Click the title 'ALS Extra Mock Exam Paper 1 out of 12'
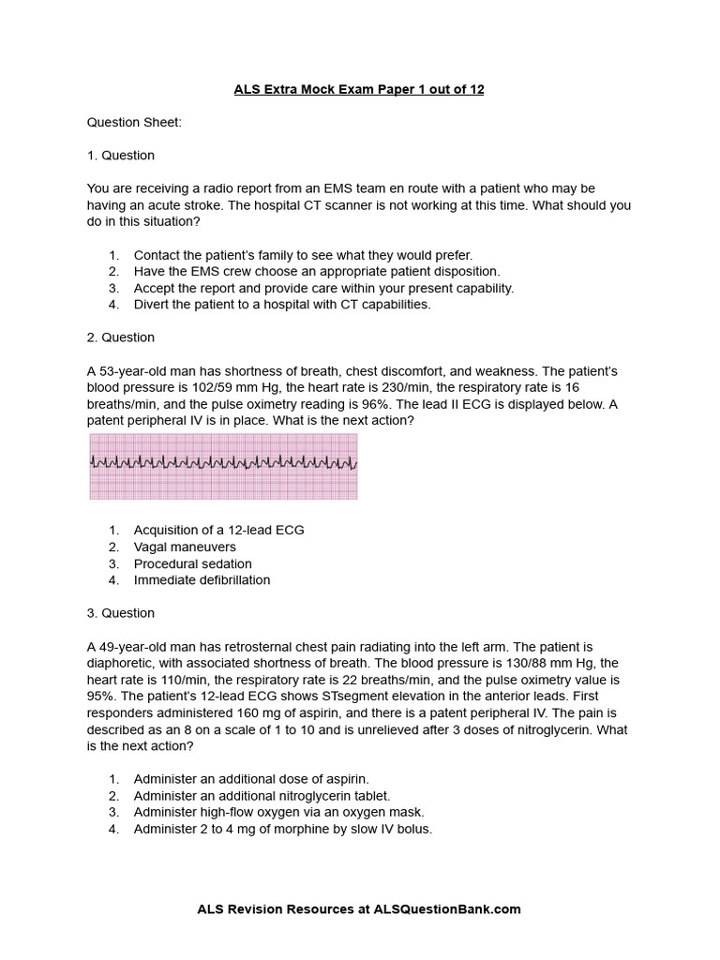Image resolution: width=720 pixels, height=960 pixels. [x=359, y=89]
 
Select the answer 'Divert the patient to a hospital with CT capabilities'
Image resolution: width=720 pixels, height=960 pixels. [x=281, y=305]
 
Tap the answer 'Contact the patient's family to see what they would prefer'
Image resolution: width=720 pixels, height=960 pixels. [x=303, y=255]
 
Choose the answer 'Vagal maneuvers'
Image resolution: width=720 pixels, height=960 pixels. [x=185, y=547]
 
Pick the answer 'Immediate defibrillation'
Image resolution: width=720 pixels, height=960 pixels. [x=202, y=580]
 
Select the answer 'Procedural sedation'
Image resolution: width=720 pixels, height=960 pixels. [x=192, y=563]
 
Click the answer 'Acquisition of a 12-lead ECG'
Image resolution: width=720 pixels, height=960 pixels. [x=218, y=530]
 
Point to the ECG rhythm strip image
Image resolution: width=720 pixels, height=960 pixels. [x=223, y=466]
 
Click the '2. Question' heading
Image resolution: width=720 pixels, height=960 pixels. [x=121, y=337]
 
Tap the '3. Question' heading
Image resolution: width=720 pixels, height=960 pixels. [x=121, y=613]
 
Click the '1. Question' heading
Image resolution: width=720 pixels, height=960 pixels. [x=121, y=156]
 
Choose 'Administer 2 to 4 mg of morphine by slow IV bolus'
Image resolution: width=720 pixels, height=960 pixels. [x=282, y=830]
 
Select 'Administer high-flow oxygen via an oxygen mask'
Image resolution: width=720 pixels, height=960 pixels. [x=278, y=813]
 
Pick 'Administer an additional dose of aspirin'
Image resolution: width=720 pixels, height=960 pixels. [x=251, y=779]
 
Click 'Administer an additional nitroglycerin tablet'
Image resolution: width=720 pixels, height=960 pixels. [x=262, y=796]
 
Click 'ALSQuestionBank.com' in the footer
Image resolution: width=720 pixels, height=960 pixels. [x=447, y=909]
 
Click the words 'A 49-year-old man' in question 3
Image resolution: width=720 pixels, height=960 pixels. [x=142, y=647]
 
